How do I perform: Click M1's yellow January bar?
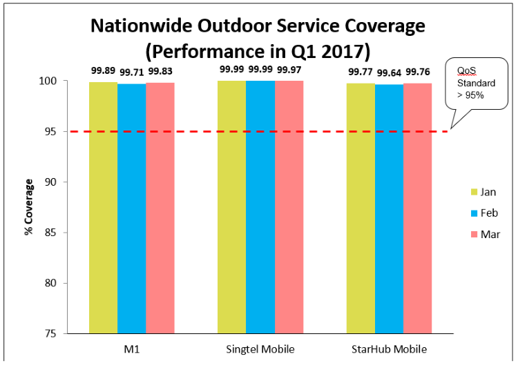point(103,207)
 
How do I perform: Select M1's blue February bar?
point(131,207)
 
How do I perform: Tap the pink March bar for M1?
point(160,207)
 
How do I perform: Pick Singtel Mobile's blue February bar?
point(260,207)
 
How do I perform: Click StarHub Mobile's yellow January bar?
point(361,207)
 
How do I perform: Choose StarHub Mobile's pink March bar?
point(417,207)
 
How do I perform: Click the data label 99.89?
point(103,70)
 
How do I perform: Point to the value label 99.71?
point(131,72)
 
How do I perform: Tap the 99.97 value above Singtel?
point(289,70)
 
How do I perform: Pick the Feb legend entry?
point(483,213)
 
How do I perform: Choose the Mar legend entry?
point(483,234)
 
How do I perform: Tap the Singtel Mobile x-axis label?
point(260,349)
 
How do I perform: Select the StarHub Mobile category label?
point(388,349)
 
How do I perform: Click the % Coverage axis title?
point(29,207)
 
